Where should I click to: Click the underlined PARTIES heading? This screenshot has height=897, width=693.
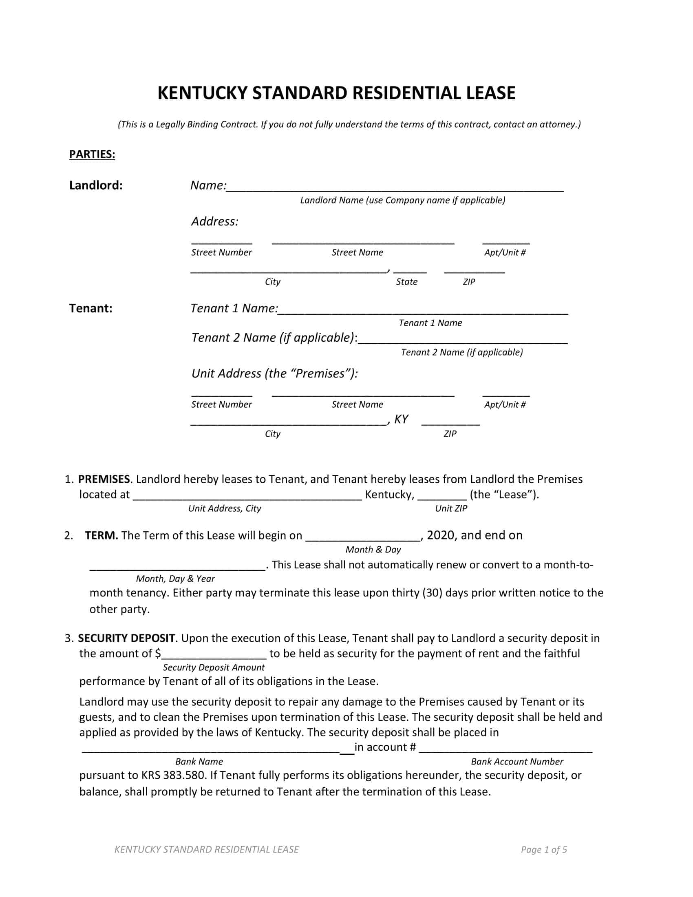92,155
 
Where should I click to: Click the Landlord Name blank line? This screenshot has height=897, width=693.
395,188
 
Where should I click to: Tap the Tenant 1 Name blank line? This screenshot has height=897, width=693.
423,312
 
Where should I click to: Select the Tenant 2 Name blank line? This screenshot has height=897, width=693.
463,340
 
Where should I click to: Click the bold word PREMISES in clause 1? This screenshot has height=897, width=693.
104,479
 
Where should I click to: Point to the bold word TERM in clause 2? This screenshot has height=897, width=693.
102,536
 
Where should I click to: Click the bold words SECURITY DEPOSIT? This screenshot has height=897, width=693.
126,638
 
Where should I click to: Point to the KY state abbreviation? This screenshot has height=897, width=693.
401,419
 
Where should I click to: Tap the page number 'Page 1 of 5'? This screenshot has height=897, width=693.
543,850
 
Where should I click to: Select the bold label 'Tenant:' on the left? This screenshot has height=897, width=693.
91,309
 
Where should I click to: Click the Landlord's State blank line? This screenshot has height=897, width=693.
410,271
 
